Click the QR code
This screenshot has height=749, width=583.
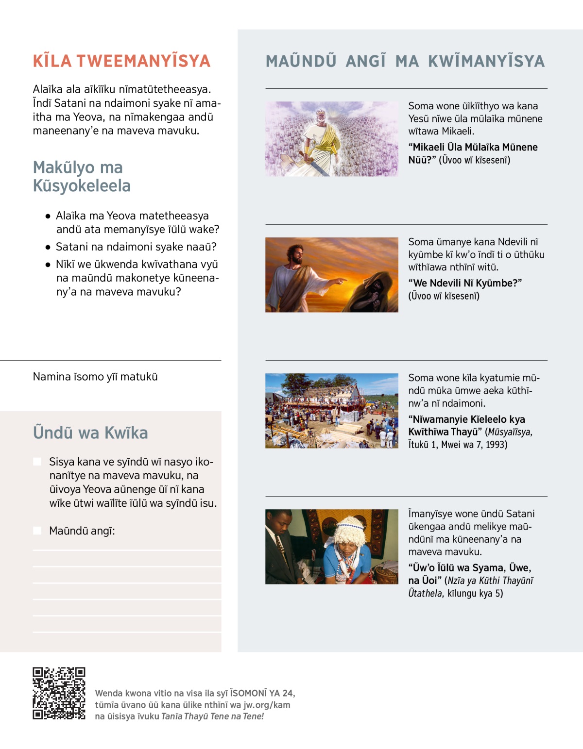(59, 693)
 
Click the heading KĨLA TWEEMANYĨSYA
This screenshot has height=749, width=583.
(121, 61)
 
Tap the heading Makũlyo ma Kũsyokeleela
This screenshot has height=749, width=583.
(82, 176)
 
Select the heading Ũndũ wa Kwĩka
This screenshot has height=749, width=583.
(90, 433)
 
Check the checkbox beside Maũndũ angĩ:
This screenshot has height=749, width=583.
(37, 531)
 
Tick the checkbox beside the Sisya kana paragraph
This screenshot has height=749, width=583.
(37, 462)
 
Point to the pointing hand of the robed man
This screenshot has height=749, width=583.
(342, 280)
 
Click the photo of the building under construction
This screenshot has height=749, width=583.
(332, 410)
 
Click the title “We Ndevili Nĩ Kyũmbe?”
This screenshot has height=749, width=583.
(465, 283)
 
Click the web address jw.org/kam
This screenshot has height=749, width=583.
(267, 705)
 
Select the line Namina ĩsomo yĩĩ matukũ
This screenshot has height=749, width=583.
(95, 377)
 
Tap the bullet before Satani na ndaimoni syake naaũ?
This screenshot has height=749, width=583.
(48, 247)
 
